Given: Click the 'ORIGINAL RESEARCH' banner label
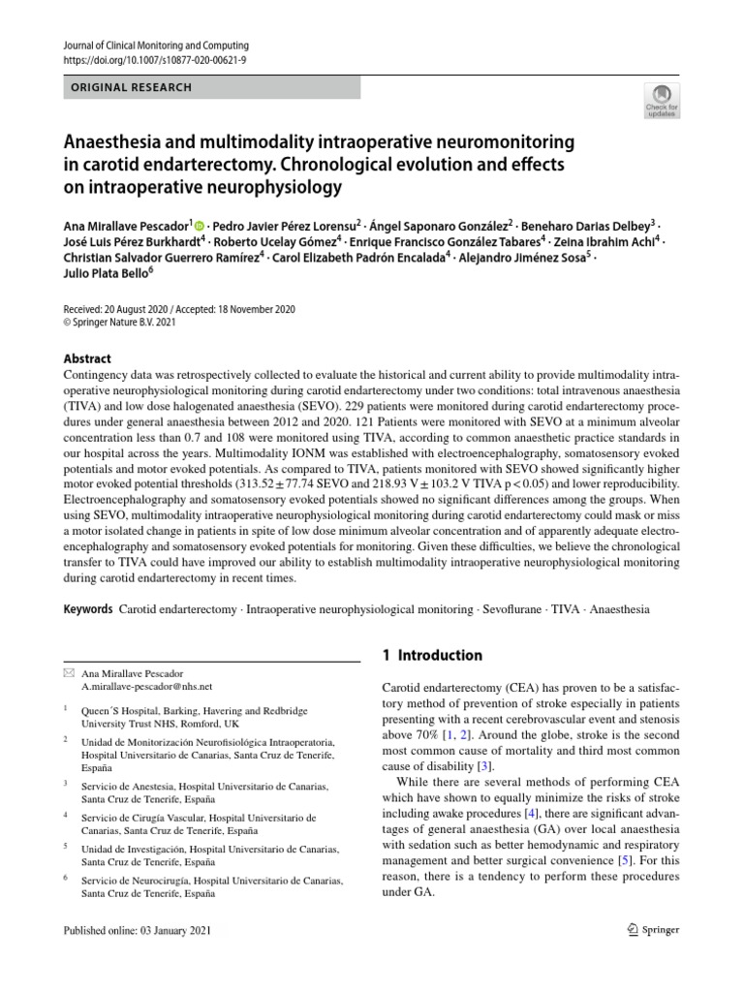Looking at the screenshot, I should coord(132,87).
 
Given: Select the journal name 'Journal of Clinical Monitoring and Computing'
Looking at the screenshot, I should coord(156,46).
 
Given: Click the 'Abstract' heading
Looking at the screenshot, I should coord(86,358).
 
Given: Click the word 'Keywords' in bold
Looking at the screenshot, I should coord(88,610).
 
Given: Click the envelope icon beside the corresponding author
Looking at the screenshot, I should coord(68,672).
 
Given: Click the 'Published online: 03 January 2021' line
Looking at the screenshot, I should coord(136,930).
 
